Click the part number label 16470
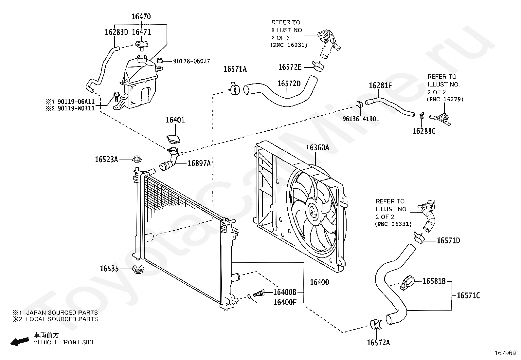point(141,16)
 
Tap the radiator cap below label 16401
point(173,139)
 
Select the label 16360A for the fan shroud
point(317,148)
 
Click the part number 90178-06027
point(191,61)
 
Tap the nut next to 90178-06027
point(160,61)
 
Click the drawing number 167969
point(505,353)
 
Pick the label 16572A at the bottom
point(378,343)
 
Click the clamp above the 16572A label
point(376,324)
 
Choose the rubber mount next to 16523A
point(137,159)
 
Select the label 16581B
point(434,281)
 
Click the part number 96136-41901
point(361,119)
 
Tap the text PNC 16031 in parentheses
point(289,45)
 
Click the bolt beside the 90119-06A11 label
point(116,96)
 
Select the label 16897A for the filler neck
point(199,163)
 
